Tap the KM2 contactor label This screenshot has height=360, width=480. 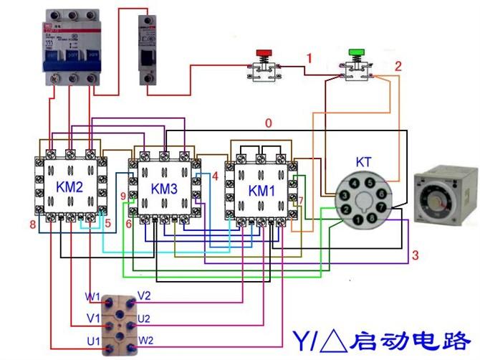pos(69,186)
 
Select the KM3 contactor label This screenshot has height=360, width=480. pos(163,189)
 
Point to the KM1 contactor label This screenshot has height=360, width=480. pos(260,191)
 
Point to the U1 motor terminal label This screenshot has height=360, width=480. pos(92,341)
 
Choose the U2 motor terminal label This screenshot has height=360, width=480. pos(144,318)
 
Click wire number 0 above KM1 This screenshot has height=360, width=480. pos(268,123)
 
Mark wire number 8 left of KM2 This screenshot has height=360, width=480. pos(32,225)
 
